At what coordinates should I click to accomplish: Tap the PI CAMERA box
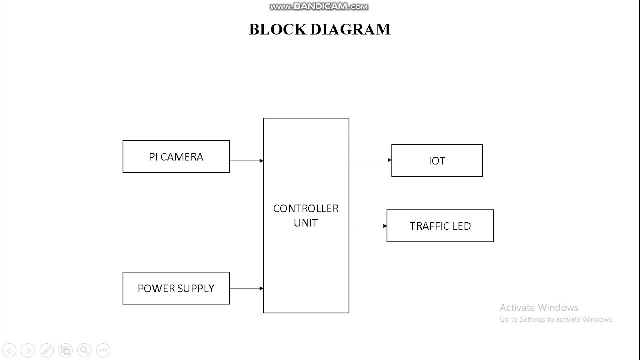click(176, 157)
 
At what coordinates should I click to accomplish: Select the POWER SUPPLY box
click(176, 288)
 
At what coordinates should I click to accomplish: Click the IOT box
click(437, 161)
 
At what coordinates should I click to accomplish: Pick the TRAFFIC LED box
click(440, 226)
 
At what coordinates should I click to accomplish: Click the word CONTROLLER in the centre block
click(306, 208)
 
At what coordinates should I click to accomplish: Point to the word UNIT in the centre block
click(306, 223)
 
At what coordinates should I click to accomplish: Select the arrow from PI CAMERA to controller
click(246, 161)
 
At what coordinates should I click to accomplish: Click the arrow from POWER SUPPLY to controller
click(246, 288)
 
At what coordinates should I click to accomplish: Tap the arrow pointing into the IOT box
click(370, 160)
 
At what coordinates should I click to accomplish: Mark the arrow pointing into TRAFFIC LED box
click(370, 226)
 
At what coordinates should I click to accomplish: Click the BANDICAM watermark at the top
click(319, 7)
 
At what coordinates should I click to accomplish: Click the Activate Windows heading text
click(539, 308)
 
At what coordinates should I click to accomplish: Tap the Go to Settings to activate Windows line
click(556, 319)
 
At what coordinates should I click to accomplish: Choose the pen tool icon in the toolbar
click(47, 350)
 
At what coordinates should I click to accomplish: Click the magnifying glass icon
click(84, 350)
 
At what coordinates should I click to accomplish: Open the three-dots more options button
click(103, 350)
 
